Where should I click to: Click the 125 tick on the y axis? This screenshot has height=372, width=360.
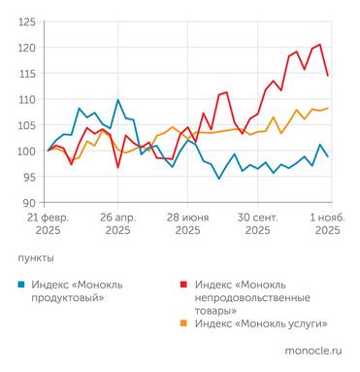[x=27, y=21]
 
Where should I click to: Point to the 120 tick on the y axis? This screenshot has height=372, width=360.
[x=27, y=48]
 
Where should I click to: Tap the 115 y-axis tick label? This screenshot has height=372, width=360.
[x=27, y=74]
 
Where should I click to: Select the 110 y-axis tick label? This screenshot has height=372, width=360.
[x=27, y=99]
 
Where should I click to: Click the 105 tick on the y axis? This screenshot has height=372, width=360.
[x=27, y=125]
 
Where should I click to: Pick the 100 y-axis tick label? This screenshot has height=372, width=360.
[x=27, y=152]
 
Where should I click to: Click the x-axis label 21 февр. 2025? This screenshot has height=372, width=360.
[x=48, y=223]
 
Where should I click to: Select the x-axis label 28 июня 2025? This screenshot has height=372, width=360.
[x=187, y=223]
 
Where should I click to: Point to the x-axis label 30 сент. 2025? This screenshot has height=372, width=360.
[x=257, y=223]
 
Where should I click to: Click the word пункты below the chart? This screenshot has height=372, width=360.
[x=36, y=258]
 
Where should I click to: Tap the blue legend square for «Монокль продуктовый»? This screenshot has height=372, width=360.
[x=22, y=284]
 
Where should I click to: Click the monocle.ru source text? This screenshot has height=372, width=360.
[x=312, y=349]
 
